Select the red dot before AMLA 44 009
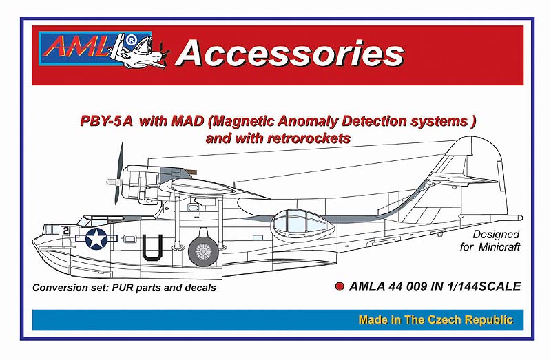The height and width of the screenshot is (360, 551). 333,286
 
